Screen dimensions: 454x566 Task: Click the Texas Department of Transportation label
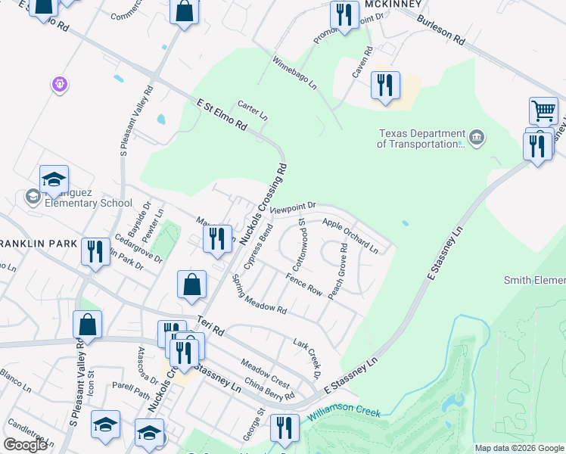point(421,137)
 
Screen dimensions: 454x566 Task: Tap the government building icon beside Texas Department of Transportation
point(477,137)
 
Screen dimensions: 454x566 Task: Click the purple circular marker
point(60,85)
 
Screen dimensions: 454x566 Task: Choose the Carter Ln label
point(253,111)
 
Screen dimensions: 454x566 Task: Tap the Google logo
point(25,445)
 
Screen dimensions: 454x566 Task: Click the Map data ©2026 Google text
point(519,448)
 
